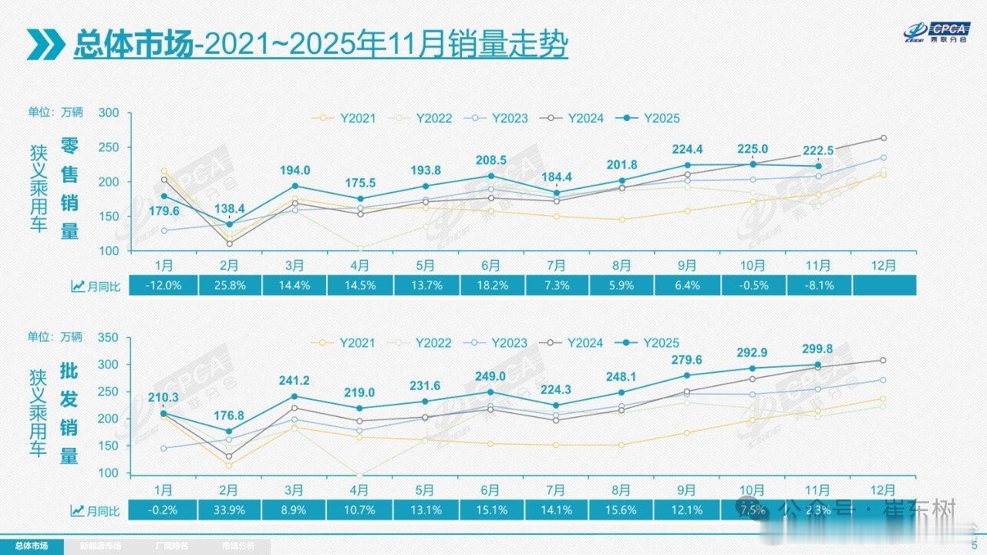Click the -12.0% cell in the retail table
pyautogui.click(x=163, y=285)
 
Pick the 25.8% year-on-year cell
pyautogui.click(x=229, y=285)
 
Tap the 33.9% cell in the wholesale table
pyautogui.click(x=229, y=510)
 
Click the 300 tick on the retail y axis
pyautogui.click(x=108, y=113)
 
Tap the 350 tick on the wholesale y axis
pyautogui.click(x=108, y=338)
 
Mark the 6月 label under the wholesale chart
pyautogui.click(x=490, y=490)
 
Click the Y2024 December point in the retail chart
pyautogui.click(x=883, y=138)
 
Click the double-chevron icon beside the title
pyautogui.click(x=45, y=45)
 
